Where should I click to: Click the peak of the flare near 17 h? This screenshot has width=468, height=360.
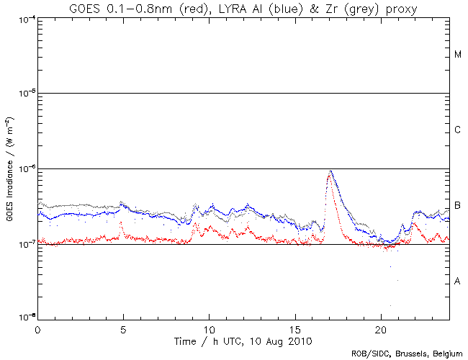[330, 171]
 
